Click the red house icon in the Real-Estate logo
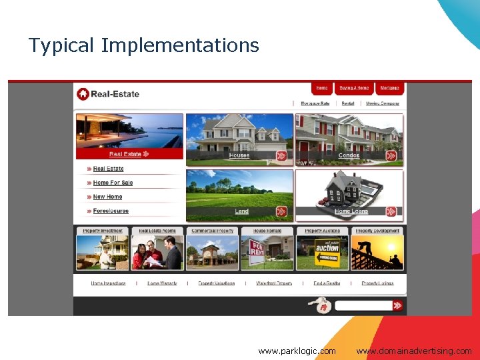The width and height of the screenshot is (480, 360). coord(83,94)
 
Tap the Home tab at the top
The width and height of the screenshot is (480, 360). coord(322,88)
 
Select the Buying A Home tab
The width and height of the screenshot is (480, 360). coord(353,88)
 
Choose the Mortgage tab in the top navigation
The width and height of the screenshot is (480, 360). coord(389,88)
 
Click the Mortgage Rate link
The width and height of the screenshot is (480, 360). coord(315,103)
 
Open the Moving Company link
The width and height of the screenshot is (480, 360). coord(383,103)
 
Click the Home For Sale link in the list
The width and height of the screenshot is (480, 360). coord(113,183)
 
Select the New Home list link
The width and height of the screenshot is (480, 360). coord(107,197)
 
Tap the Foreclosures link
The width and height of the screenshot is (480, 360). coord(111,211)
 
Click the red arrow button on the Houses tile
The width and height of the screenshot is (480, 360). coord(281,156)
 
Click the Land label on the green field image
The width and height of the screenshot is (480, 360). coord(241,211)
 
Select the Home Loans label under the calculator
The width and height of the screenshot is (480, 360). coord(351,211)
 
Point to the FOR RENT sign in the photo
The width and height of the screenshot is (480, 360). coord(257,253)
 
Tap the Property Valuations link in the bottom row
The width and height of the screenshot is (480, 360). coord(216,283)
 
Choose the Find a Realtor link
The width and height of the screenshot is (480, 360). coord(327,283)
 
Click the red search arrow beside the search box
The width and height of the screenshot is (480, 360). coord(397,305)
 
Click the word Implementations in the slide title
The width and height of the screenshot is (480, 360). coord(179,45)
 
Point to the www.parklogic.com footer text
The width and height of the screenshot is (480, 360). coord(297,351)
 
